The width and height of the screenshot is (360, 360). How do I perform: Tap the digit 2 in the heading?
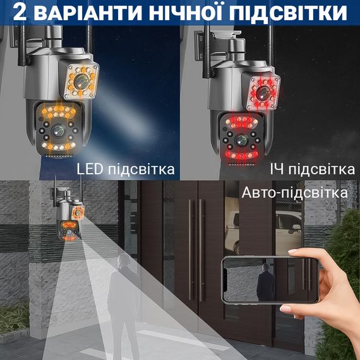pyautogui.click(x=20, y=13)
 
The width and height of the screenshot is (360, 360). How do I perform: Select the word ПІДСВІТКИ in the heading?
pyautogui.click(x=288, y=13)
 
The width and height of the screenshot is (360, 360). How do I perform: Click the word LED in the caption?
pyautogui.click(x=90, y=169)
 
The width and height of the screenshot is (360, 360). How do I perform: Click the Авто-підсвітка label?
pyautogui.click(x=294, y=193)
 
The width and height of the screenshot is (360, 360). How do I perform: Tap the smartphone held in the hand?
pyautogui.click(x=270, y=280)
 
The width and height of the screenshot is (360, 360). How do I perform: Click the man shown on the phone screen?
pyautogui.click(x=266, y=282)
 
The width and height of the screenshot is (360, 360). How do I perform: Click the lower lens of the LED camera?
pyautogui.click(x=58, y=131)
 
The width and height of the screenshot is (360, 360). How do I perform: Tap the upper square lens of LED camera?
pyautogui.click(x=81, y=81)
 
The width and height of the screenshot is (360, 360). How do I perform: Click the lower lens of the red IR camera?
pyautogui.click(x=241, y=141)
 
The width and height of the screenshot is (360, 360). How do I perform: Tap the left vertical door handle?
pyautogui.click(x=189, y=250)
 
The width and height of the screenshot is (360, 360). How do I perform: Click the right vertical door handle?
pyautogui.click(x=200, y=250)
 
